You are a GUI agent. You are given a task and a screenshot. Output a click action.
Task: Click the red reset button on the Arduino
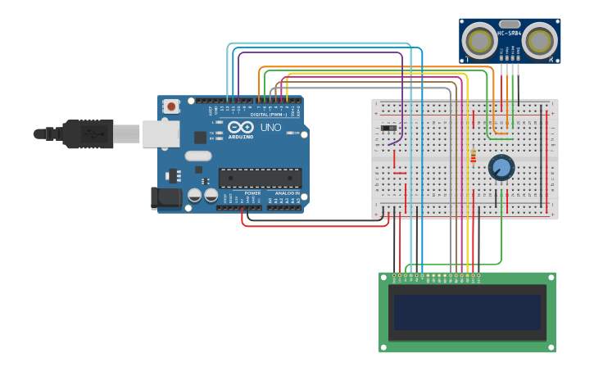tap(171, 106)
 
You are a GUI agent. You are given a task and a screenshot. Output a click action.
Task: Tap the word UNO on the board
tap(270, 128)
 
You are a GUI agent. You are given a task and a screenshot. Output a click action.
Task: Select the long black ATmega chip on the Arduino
tap(260, 178)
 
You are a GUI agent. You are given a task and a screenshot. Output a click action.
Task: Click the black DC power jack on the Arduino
tap(166, 197)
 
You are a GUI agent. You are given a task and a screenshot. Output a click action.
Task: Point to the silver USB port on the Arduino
tap(161, 133)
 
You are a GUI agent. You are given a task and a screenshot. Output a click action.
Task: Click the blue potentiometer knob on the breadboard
tap(501, 168)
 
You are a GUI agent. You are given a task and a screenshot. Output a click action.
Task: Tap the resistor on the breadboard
tap(473, 156)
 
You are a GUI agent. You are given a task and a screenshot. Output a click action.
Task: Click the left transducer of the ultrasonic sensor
tap(478, 40)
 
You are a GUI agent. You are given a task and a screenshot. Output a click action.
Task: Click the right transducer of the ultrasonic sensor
tap(540, 40)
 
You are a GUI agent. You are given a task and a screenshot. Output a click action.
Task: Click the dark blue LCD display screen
tap(467, 312)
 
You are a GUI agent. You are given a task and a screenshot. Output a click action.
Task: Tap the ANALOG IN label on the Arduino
tap(287, 193)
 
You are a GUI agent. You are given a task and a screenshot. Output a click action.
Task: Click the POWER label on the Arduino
tap(252, 193)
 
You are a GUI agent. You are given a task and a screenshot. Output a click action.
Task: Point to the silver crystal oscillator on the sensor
tap(510, 25)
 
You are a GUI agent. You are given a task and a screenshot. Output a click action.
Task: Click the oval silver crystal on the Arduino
tap(198, 156)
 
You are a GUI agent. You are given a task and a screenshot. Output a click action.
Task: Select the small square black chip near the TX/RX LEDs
tap(200, 137)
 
